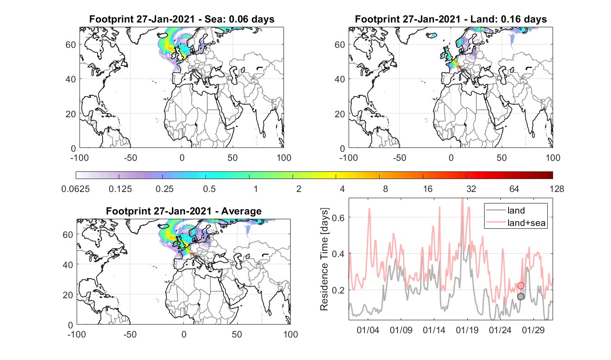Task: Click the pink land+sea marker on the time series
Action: (520, 285)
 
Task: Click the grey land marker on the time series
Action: (520, 296)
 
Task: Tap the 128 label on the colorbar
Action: (557, 189)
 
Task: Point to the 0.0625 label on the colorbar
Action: (76, 189)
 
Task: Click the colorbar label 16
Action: (428, 189)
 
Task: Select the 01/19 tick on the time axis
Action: (467, 330)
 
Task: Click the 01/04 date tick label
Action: (368, 330)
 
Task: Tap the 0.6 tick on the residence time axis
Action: (338, 217)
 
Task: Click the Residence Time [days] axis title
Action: (324, 259)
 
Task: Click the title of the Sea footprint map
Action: (181, 19)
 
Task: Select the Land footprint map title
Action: (451, 19)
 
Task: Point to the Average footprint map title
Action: (183, 211)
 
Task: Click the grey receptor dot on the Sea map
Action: (193, 70)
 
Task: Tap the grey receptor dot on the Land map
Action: (463, 71)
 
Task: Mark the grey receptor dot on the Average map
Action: (195, 257)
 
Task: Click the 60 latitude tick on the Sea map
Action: (70, 45)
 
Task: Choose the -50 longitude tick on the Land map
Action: (400, 157)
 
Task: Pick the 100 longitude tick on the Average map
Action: (291, 334)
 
